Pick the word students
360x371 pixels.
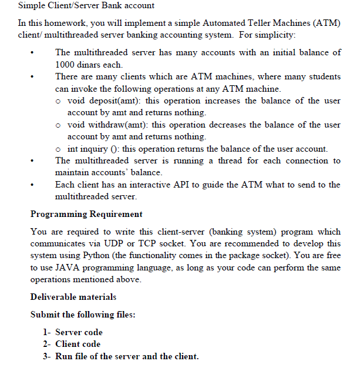pos(322,76)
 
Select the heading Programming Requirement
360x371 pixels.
pos(86,214)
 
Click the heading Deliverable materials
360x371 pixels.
pos(73,297)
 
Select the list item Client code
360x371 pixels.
pos(78,344)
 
